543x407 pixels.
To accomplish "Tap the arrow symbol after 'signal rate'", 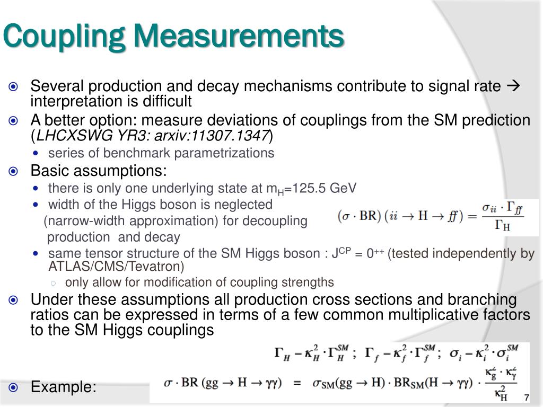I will [x=513, y=86].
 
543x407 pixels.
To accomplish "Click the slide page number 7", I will [x=527, y=397].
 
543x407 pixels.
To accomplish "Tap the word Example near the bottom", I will [x=63, y=387].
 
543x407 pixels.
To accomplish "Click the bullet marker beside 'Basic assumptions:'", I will [x=14, y=171].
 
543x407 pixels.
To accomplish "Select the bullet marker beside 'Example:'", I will [x=14, y=387].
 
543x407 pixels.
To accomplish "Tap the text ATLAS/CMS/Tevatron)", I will [x=116, y=266].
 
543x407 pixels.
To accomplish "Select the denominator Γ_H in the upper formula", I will [x=503, y=226].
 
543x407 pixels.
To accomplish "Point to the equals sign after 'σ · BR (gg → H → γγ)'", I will [x=297, y=383].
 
